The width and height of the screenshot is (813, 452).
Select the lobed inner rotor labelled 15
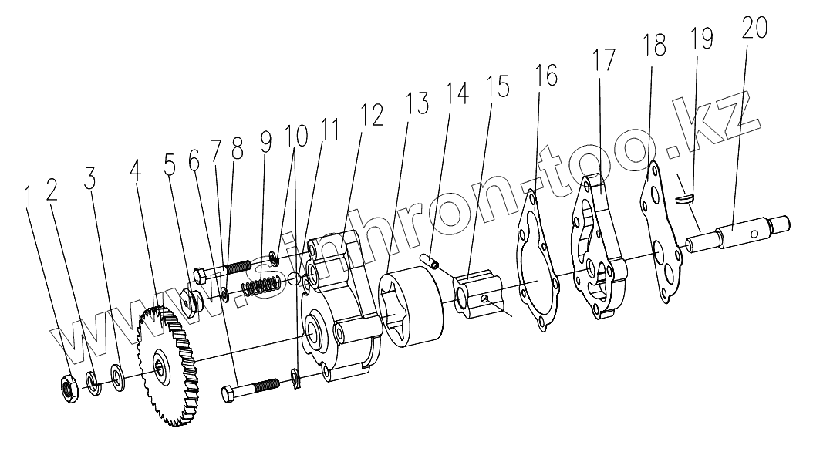477,294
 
